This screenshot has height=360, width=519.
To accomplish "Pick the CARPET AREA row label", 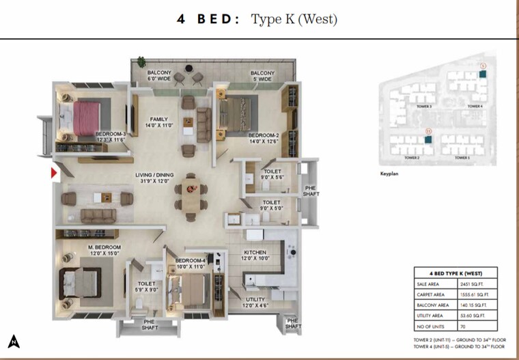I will click(432, 294).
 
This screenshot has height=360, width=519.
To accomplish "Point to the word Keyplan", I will click(389, 174).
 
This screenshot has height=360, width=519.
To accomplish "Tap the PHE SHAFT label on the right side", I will click(310, 191).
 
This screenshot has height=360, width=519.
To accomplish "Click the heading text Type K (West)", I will click(294, 20).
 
